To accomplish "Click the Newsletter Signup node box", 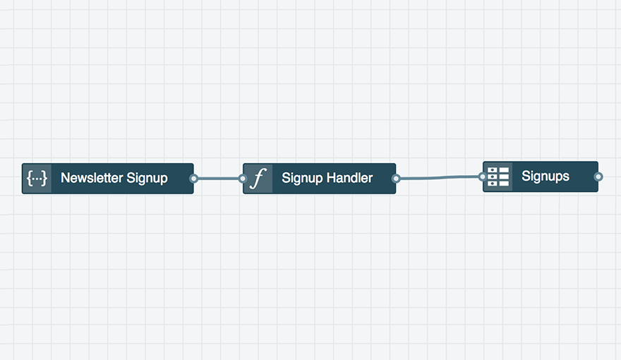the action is coord(108,178).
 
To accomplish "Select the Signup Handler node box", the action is coord(319,178).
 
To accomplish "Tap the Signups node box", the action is coord(541,176).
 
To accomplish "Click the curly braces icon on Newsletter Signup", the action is coord(37,178).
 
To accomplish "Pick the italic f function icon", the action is coord(258,178).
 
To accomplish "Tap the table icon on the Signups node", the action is coord(498,176).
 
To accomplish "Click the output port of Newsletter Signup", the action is coord(193,179).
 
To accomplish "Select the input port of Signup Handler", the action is coord(243,179).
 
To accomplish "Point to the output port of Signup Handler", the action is coord(396,179).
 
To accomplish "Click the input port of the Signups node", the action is coord(483,176).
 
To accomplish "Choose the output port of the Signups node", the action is coord(598,176).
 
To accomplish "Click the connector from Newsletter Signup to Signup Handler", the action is coord(218,179).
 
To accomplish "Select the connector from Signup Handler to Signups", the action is coord(439,178).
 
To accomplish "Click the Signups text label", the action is coord(545,176).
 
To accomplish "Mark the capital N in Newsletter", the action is coord(65,178).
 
